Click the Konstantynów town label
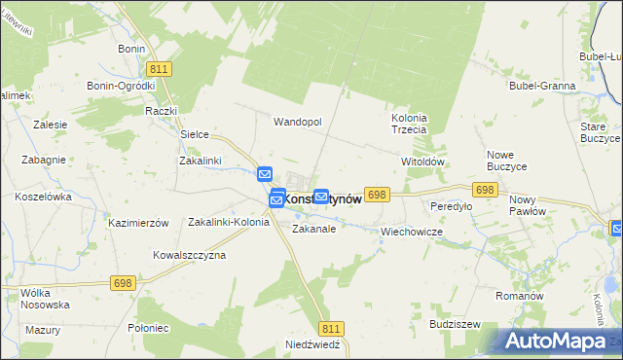pos(322,198)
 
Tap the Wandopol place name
pos(297,122)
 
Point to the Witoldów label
pos(422,162)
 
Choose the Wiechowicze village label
pos(412,233)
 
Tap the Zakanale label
pos(313,230)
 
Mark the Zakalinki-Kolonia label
pos(228,222)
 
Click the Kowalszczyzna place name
pos(189,255)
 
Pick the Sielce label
pos(196,134)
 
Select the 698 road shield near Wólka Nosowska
pos(123,282)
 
